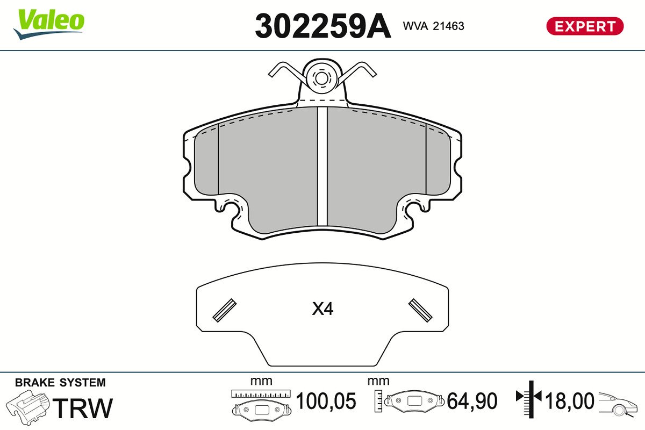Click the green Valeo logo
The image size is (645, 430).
(49, 24)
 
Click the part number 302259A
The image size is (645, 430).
(323, 26)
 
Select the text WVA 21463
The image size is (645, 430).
(433, 26)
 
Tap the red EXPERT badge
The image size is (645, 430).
(585, 26)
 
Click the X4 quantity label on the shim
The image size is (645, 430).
(322, 309)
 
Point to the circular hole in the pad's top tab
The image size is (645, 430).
(321, 78)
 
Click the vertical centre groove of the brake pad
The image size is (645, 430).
(322, 166)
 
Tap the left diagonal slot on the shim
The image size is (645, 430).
(225, 311)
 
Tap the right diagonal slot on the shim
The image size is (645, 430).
(420, 311)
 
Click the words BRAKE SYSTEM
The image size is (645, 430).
(60, 383)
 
